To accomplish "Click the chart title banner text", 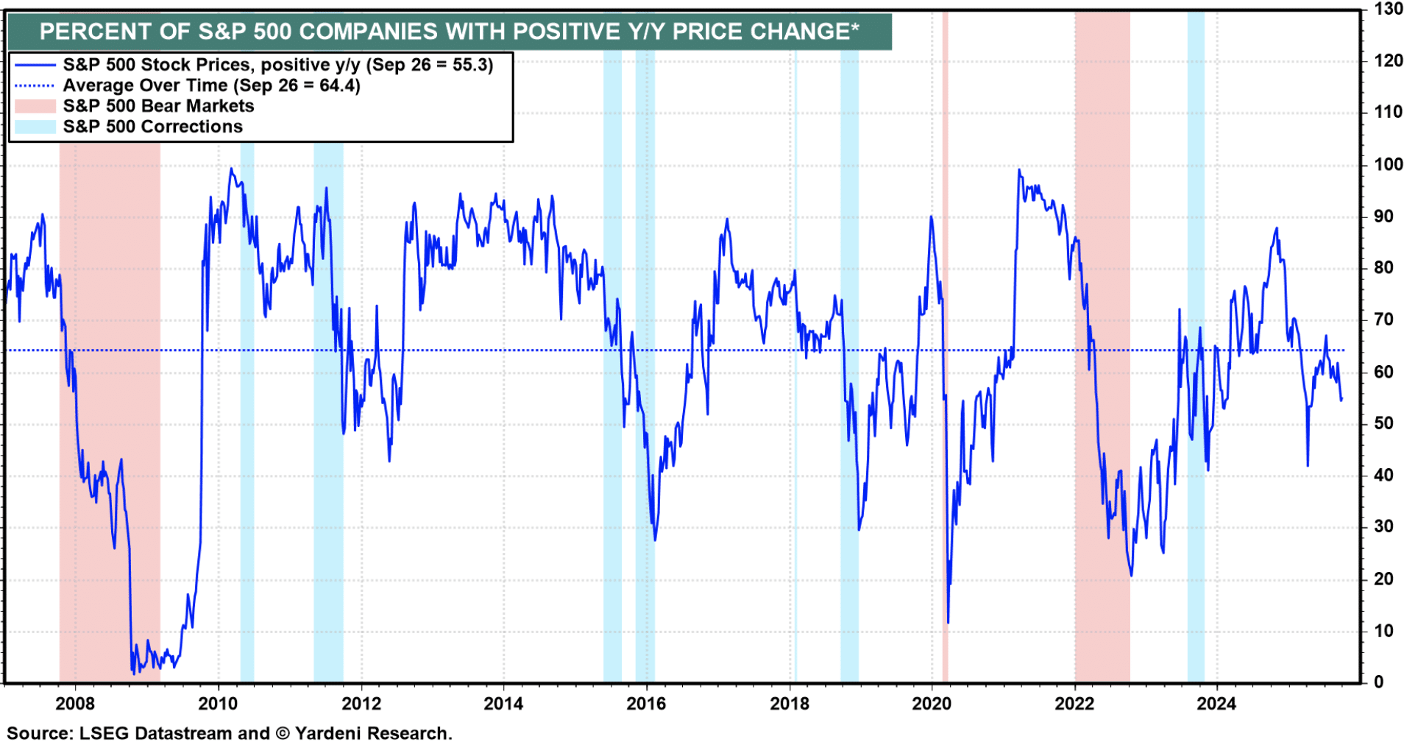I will coord(449,32).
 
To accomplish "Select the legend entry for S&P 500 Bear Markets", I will coord(158,106).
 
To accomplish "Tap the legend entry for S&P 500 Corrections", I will coord(152,127).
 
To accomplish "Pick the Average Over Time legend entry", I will coord(211,85).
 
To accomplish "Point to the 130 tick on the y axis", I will coord(1388,10).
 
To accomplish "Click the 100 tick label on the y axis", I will coord(1388,164).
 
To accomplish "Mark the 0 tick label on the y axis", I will coord(1379,682).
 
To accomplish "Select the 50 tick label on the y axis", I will coord(1383,423).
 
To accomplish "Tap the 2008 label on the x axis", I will coord(75,704).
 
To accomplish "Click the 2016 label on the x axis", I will coord(646,704).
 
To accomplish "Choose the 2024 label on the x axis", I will coord(1216,704).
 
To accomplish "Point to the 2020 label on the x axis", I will coord(932,704).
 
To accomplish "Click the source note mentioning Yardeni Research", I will coord(230,733).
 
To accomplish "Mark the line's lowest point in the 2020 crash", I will coord(948,623).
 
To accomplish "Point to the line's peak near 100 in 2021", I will coord(1019,170).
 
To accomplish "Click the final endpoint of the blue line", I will coord(1341,399).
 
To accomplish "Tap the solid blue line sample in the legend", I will coord(35,65).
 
